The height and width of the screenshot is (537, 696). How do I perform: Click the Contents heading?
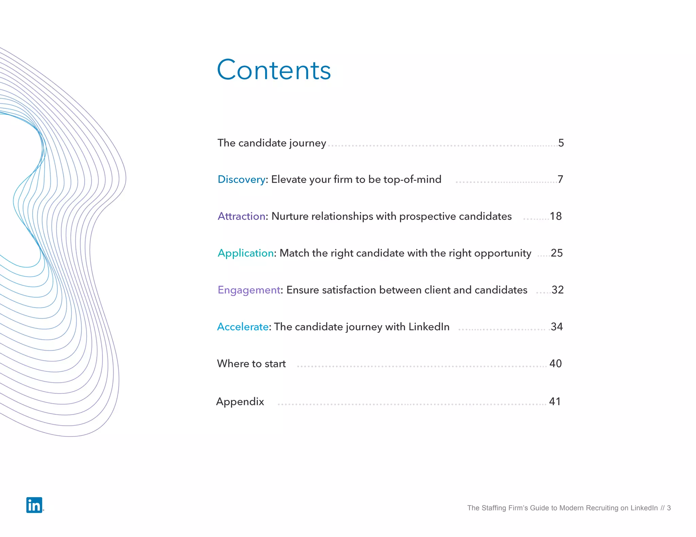click(274, 70)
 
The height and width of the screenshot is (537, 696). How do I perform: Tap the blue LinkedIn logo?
click(34, 505)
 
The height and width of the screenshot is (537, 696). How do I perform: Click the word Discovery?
click(241, 179)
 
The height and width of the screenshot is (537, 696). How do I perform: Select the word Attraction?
click(241, 216)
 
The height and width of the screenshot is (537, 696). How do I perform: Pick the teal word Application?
click(245, 253)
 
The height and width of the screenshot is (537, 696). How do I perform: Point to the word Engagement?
click(249, 290)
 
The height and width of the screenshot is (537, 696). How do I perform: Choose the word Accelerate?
click(243, 327)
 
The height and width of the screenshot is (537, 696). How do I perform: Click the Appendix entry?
click(240, 402)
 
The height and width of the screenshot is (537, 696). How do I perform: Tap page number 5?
click(561, 143)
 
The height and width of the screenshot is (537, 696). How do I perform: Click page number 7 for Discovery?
click(560, 179)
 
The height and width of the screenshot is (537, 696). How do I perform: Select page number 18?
click(556, 216)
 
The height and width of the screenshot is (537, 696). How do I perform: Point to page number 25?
click(557, 253)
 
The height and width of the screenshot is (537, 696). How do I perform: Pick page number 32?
click(557, 290)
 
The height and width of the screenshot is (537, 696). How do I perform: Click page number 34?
click(557, 327)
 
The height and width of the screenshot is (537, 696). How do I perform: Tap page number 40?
click(555, 364)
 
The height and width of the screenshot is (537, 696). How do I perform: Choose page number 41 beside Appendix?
click(555, 402)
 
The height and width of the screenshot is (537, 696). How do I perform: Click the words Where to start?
click(251, 364)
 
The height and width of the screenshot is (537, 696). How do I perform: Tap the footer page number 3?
click(669, 508)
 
